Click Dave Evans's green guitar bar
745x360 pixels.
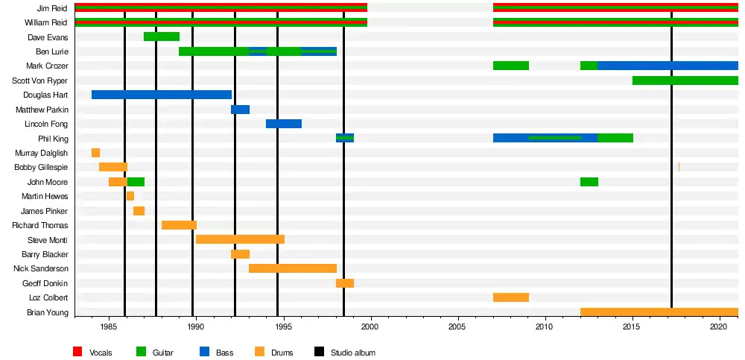pos(161,37)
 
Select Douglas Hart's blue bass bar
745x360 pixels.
pos(161,95)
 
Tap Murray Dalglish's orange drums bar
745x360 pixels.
pos(95,153)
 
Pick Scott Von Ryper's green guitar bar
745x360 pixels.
pos(685,80)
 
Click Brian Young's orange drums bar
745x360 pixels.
pos(659,312)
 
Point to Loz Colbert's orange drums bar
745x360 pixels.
pos(510,297)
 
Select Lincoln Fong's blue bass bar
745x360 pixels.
pos(283,124)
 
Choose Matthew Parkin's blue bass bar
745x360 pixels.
pos(240,110)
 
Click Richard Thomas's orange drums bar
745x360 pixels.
pos(179,225)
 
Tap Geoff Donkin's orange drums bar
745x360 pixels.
pos(344,283)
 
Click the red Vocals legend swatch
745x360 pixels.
pos(77,352)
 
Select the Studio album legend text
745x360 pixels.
pos(353,353)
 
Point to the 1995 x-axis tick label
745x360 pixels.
pos(283,326)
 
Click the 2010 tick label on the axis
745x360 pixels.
pos(545,326)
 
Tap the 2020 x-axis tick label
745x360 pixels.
pos(719,326)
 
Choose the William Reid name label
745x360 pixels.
pos(46,22)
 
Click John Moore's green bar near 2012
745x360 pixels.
pos(589,182)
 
